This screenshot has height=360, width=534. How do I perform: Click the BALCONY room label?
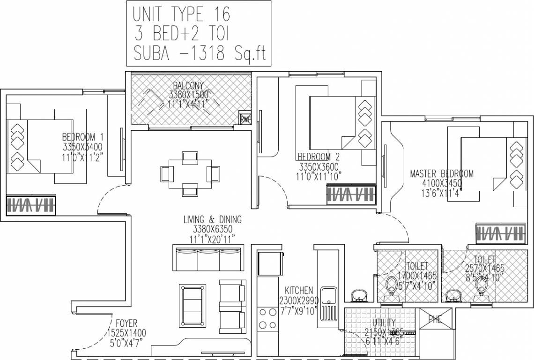[x=188, y=86]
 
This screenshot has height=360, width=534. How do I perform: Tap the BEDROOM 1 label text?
[x=82, y=137]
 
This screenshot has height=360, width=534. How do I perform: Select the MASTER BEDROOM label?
[x=441, y=173]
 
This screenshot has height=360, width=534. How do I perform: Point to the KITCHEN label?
[x=298, y=291]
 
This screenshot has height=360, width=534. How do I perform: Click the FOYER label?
[x=126, y=323]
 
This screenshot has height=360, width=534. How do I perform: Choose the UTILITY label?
[x=384, y=323]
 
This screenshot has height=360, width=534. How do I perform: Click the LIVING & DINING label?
[x=212, y=219]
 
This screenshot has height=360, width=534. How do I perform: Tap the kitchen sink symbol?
[x=328, y=296]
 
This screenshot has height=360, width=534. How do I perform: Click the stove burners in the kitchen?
[x=267, y=317]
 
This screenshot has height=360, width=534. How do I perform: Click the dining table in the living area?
[x=190, y=173]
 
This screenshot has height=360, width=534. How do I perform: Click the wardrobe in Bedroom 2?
[x=351, y=193]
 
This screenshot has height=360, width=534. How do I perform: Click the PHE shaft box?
[x=436, y=320]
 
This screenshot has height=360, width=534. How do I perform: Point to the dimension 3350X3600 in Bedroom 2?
[x=319, y=167]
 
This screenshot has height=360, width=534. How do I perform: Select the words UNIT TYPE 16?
[x=181, y=15]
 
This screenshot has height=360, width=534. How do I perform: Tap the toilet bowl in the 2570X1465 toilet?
[x=481, y=285]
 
